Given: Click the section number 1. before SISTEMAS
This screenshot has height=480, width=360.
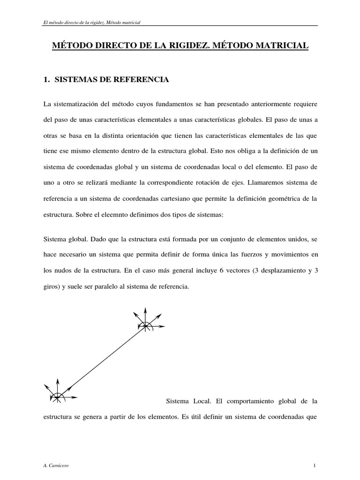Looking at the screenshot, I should coord(46,80).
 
